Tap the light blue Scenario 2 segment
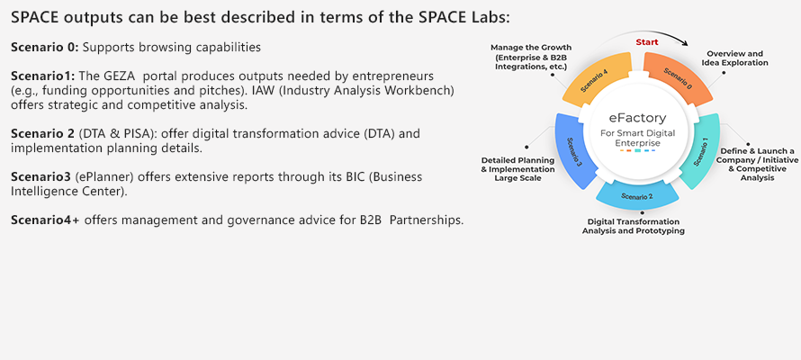(x=637, y=196)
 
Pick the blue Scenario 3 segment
(x=576, y=150)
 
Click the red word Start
(x=647, y=42)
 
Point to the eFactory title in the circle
(x=637, y=118)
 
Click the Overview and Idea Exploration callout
(x=734, y=58)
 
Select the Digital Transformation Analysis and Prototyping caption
(x=634, y=226)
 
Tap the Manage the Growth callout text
(x=531, y=57)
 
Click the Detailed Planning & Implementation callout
(x=517, y=169)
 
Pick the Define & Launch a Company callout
(x=757, y=165)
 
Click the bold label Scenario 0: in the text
(x=45, y=48)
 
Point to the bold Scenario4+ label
(x=46, y=220)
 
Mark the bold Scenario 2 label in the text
(x=43, y=134)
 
